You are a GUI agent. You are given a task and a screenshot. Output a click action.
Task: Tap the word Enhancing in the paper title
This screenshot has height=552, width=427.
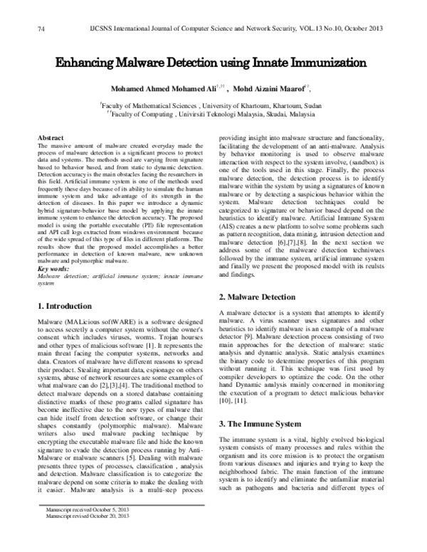tap(87, 63)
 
